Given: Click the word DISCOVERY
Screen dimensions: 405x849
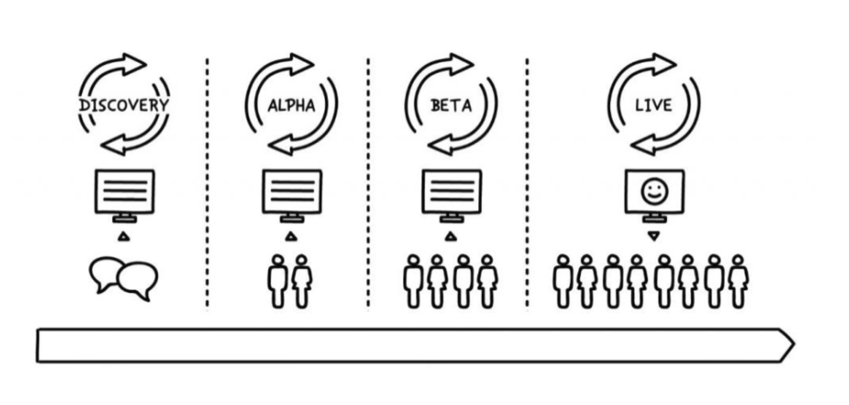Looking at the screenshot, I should click(x=124, y=105).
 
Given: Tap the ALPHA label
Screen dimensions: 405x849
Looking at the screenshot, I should click(x=291, y=105).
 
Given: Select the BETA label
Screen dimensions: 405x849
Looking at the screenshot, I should click(x=451, y=105).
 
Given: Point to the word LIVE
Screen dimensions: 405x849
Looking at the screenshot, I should click(x=654, y=105).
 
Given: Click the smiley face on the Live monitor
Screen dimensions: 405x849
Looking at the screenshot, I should click(x=654, y=192).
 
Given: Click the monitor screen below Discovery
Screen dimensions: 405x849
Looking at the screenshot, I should click(x=125, y=191).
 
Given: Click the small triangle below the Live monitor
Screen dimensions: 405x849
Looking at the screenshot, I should click(x=654, y=236).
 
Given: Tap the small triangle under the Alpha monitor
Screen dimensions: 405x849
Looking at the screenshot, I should click(x=291, y=236).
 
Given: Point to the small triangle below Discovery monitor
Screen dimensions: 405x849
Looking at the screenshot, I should click(x=124, y=236).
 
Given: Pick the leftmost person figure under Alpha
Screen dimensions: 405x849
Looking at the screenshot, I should click(x=278, y=282).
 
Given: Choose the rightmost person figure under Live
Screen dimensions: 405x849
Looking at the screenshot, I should click(x=738, y=282).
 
